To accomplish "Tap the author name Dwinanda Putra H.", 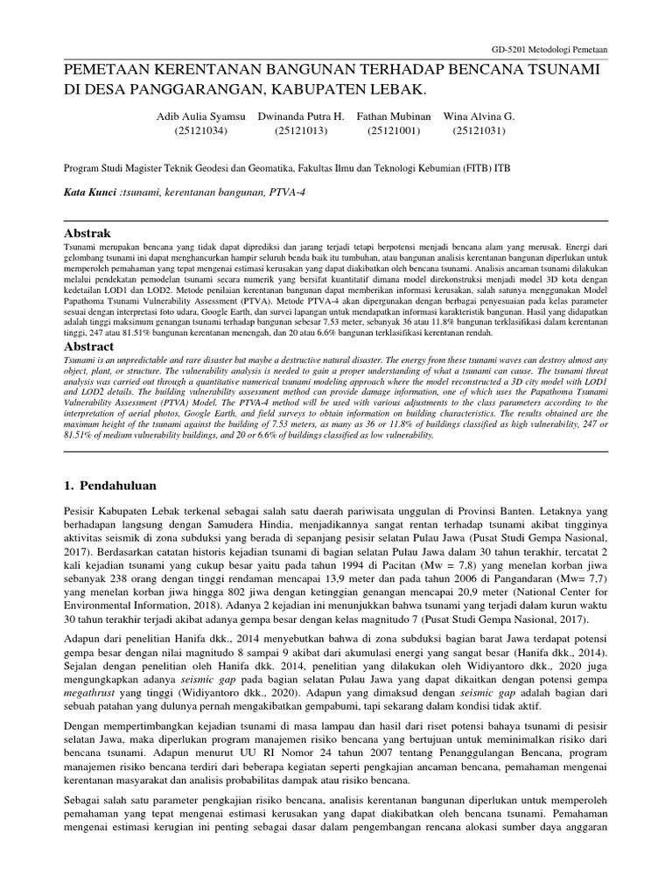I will coord(301,116).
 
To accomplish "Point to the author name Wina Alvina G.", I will coord(480,116).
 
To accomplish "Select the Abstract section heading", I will coord(90,346).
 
